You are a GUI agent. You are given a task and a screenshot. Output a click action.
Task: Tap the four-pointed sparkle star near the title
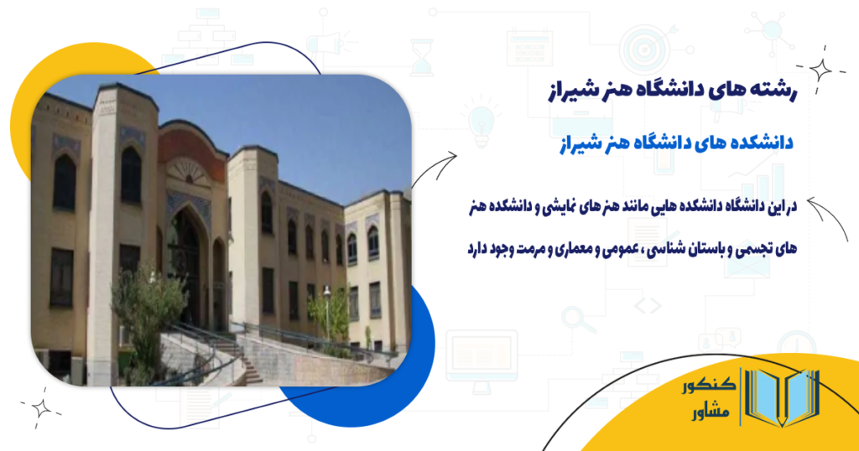pos(820,70)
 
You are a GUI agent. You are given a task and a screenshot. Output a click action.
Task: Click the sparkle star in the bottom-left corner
pos(41,407)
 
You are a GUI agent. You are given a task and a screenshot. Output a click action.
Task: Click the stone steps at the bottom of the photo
pos(250,366)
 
